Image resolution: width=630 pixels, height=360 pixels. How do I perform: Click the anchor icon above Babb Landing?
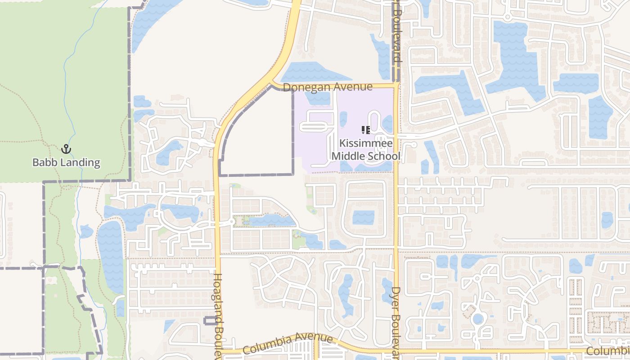pyautogui.click(x=66, y=148)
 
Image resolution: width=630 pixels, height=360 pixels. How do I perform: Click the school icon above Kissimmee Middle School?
pyautogui.click(x=366, y=130)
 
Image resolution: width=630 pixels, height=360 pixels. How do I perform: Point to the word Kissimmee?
pyautogui.click(x=366, y=144)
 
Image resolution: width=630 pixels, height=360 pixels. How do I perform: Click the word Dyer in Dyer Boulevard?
pyautogui.click(x=396, y=297)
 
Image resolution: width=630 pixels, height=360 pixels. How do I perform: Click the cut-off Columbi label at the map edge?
pyautogui.click(x=608, y=351)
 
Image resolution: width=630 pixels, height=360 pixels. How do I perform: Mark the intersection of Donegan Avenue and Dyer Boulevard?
pyautogui.click(x=396, y=85)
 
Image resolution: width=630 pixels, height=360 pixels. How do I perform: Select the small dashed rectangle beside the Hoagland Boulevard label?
pyautogui.click(x=210, y=321)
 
